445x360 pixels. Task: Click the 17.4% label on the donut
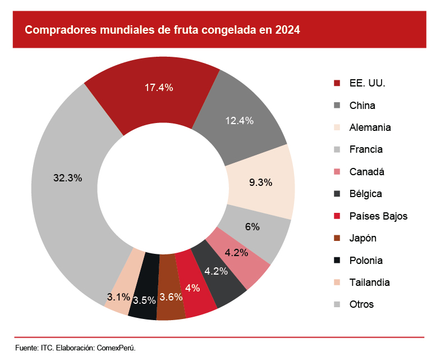(x=159, y=88)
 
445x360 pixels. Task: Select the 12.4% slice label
(x=240, y=120)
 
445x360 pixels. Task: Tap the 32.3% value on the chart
(x=68, y=177)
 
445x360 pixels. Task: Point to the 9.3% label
(x=260, y=182)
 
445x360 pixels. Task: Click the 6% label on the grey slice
(x=253, y=227)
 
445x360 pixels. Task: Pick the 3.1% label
(x=119, y=297)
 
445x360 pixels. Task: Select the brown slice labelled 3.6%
(x=171, y=298)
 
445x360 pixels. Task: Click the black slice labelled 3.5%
(x=144, y=300)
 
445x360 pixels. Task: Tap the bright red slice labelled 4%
(x=192, y=288)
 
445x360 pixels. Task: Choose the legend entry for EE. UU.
(x=367, y=83)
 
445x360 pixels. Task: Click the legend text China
(x=362, y=106)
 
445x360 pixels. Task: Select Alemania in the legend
(x=370, y=127)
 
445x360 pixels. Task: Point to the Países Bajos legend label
(x=378, y=216)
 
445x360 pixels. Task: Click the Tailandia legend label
(x=369, y=282)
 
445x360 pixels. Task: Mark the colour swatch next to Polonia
(x=337, y=261)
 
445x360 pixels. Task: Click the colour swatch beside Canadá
(x=337, y=172)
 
